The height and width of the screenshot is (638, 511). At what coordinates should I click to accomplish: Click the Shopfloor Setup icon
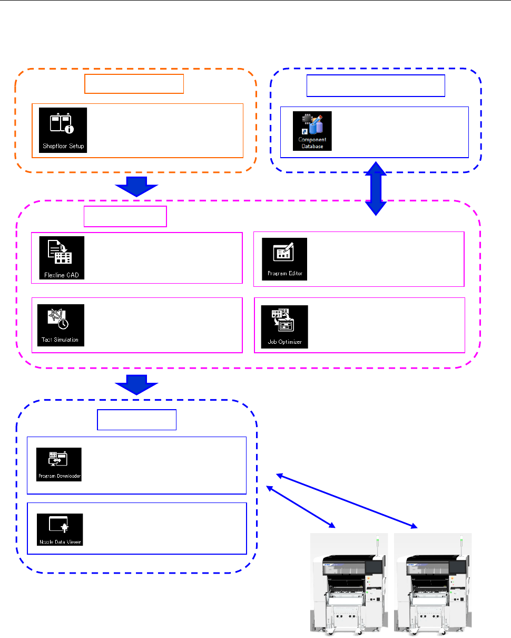tap(63, 130)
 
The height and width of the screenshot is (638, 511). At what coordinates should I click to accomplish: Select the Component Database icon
tap(312, 131)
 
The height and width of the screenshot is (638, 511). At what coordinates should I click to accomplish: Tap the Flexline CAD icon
tap(62, 258)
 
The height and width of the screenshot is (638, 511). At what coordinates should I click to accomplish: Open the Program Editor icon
tap(284, 259)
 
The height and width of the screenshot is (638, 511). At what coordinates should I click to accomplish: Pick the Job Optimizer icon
tap(284, 327)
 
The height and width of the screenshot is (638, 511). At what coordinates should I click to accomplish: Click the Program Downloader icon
tap(59, 465)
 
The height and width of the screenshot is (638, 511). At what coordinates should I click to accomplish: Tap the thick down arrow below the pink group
tap(136, 384)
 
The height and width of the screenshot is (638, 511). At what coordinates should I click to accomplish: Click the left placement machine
tap(348, 585)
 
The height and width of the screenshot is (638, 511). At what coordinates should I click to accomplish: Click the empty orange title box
tap(134, 84)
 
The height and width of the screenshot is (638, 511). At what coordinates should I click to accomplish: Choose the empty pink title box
tap(125, 216)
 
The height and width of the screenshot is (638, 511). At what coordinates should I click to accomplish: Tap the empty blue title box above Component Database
tap(376, 86)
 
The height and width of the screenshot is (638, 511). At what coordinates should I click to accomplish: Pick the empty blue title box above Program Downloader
tap(137, 419)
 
